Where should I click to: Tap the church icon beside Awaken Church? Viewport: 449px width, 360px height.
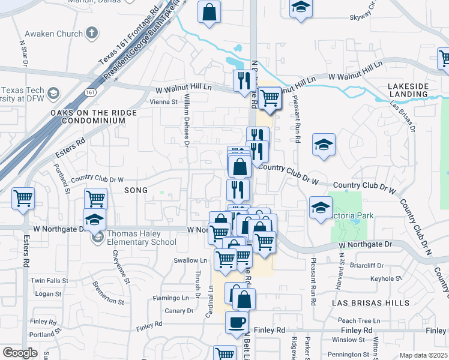click(x=92, y=33)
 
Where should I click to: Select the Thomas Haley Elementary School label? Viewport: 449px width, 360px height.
click(x=142, y=238)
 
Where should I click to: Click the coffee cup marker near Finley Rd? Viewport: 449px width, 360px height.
click(x=236, y=322)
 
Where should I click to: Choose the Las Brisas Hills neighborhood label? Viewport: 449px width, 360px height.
click(x=364, y=304)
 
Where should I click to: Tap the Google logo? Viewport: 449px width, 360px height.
click(x=20, y=353)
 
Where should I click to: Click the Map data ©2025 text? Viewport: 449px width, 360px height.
click(x=423, y=355)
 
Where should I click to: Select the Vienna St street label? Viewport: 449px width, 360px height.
click(x=164, y=102)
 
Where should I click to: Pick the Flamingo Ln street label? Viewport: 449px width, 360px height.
click(x=170, y=298)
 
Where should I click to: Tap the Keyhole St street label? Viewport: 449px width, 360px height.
click(x=386, y=278)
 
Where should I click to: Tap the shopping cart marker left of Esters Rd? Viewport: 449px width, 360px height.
click(x=23, y=199)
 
